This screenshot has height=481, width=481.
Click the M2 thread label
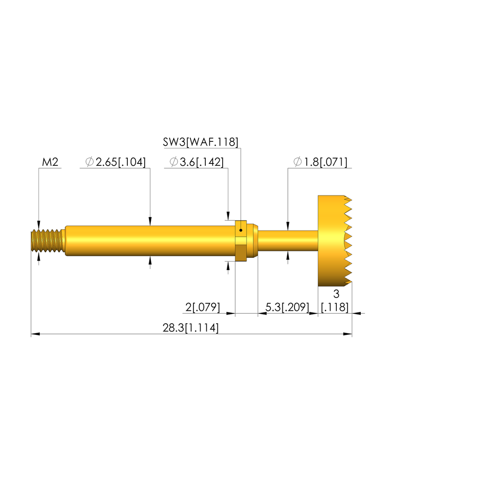coord(50,162)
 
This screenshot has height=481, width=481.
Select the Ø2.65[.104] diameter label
coord(116,162)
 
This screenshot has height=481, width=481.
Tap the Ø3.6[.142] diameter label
coord(197,162)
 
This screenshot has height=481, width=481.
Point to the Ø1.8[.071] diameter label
coord(320,162)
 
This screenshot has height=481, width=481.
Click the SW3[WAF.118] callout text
coord(200,142)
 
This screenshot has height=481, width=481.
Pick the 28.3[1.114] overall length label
coord(191,327)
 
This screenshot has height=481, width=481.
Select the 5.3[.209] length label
coord(287,307)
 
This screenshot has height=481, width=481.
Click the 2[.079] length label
coord(202,307)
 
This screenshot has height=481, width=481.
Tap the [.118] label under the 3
coord(334,307)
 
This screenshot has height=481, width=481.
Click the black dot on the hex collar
coord(241,230)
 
